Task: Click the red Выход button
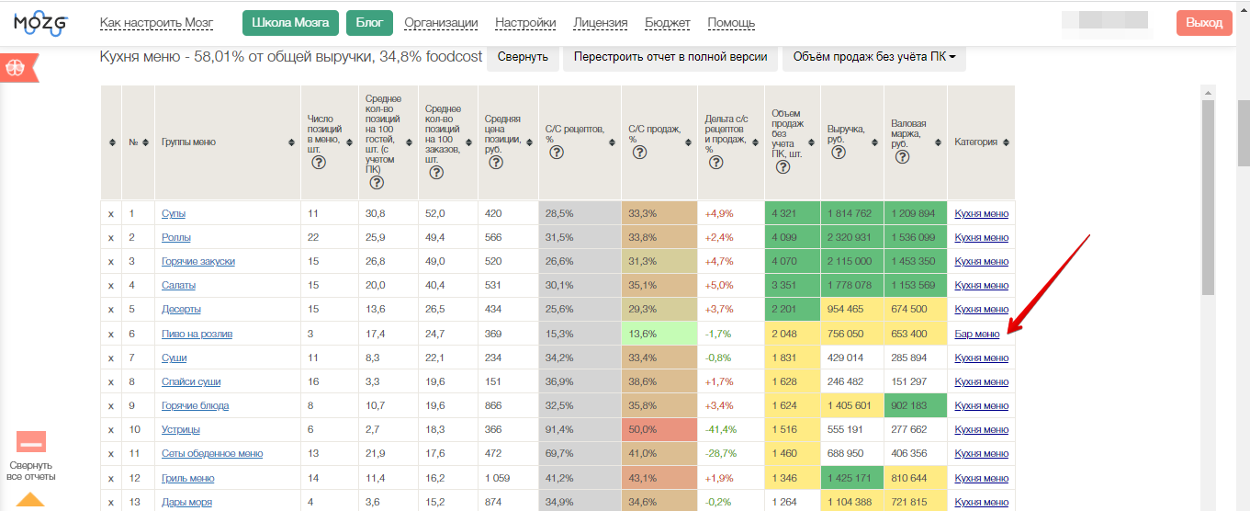coord(1204,23)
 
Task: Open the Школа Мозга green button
coord(290,23)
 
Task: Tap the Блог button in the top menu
coord(369,23)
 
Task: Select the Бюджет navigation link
coord(668,23)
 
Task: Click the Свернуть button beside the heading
coord(523,57)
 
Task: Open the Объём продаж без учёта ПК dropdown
coord(873,57)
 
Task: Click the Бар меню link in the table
coord(976,334)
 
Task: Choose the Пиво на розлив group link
coord(197,334)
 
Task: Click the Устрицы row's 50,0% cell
coord(659,429)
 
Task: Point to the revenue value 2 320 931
coord(849,237)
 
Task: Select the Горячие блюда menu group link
coord(195,405)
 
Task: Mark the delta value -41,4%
coord(720,429)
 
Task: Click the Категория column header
coord(975,142)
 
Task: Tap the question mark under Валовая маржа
coord(902,157)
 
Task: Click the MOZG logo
coord(40,24)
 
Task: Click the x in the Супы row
coord(111,214)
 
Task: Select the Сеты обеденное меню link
coord(212,453)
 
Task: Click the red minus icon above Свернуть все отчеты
coord(31,442)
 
